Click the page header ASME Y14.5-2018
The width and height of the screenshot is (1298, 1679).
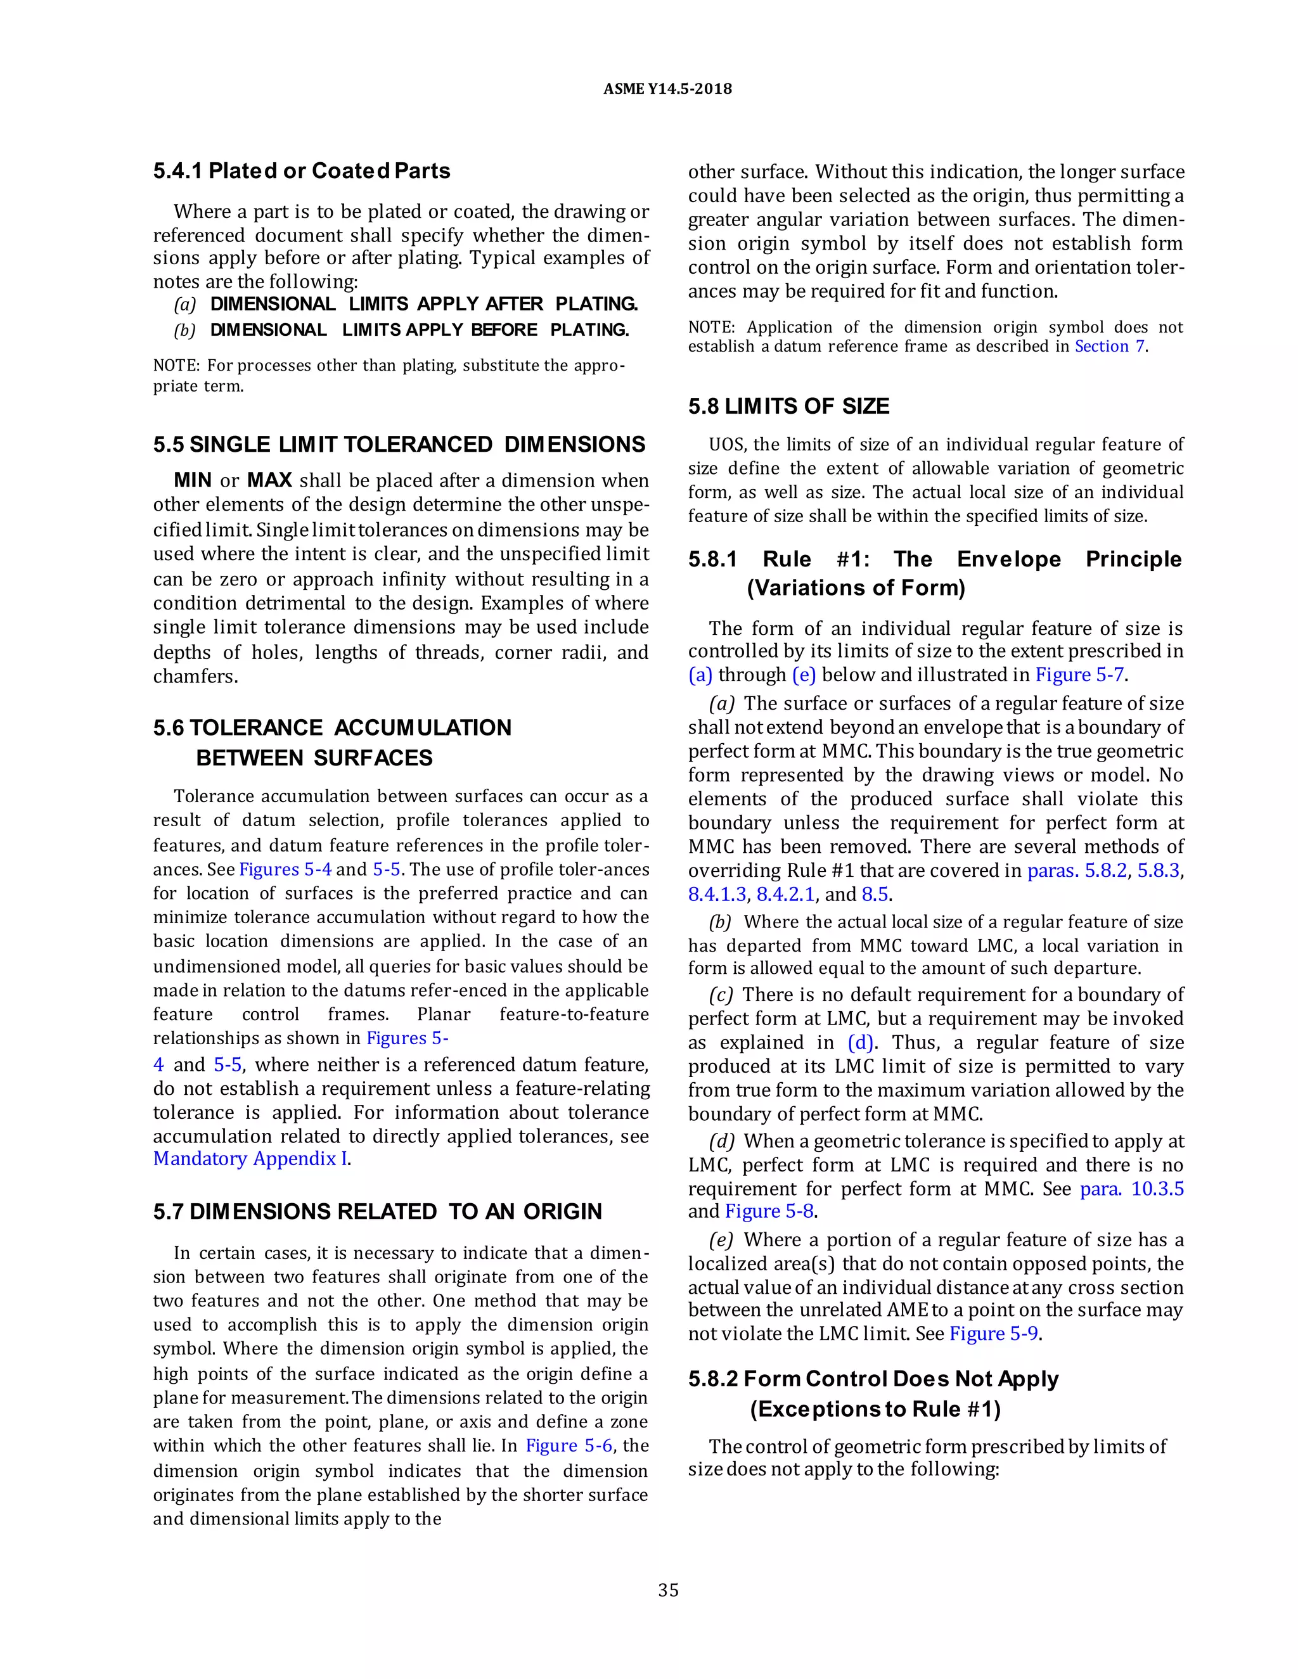(667, 89)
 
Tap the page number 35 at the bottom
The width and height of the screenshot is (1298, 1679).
(668, 1590)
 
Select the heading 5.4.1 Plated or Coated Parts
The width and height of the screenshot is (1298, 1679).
(302, 170)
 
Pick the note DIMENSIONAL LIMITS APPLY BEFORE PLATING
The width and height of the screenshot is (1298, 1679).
(419, 331)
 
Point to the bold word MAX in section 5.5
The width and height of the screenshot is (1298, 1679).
(269, 480)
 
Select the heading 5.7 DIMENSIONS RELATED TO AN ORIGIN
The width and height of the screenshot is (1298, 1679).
(378, 1211)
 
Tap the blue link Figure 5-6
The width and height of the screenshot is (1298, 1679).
(569, 1445)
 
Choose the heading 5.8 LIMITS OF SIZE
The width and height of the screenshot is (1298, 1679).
(789, 406)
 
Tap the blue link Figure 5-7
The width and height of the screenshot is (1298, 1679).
(1079, 675)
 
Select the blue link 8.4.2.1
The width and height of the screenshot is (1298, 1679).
(785, 894)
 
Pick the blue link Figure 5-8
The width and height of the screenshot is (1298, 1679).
(769, 1211)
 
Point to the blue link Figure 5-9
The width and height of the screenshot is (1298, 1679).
(994, 1334)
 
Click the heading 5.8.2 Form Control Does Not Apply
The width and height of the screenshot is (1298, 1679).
(873, 1379)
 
